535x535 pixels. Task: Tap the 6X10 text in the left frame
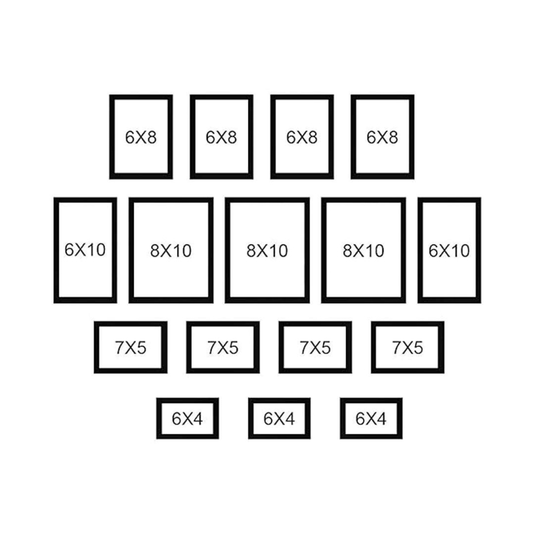tap(85, 249)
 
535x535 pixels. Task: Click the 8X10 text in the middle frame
tap(267, 251)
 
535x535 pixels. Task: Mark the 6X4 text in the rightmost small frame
tap(371, 419)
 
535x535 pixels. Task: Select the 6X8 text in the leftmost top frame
tap(141, 137)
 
